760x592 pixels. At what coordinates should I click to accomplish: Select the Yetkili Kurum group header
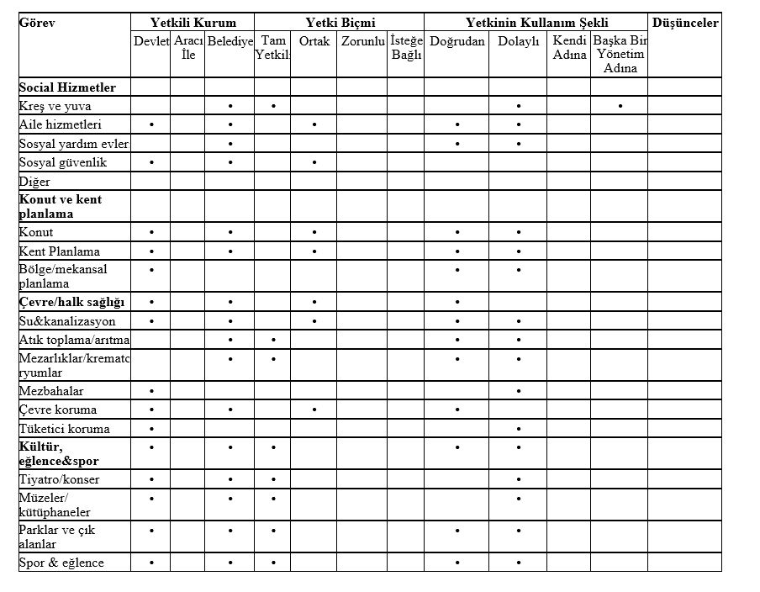click(x=193, y=23)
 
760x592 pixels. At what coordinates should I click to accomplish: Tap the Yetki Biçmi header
click(x=339, y=23)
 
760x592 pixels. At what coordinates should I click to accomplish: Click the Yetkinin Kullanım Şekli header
click(x=537, y=23)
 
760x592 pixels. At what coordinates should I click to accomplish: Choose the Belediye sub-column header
click(x=230, y=41)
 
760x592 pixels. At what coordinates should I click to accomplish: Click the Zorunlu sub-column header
click(x=362, y=41)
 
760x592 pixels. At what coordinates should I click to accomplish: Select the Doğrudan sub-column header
click(x=457, y=41)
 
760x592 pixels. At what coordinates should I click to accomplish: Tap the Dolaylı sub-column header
click(x=518, y=41)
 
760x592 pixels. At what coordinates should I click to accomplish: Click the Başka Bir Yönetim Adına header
click(x=620, y=54)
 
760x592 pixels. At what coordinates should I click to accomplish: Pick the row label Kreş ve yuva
click(x=55, y=106)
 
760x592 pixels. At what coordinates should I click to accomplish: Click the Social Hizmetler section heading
click(x=67, y=87)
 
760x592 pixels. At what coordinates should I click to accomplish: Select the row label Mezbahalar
click(x=51, y=391)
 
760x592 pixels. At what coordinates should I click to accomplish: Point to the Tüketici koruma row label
click(x=64, y=429)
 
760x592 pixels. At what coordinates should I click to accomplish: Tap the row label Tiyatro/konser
click(x=59, y=479)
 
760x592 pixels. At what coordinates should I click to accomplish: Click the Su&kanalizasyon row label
click(x=67, y=321)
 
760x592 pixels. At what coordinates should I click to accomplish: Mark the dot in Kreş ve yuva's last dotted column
click(x=620, y=106)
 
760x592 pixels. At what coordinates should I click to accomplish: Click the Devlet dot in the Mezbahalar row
click(x=150, y=391)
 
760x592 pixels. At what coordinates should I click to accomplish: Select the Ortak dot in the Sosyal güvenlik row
click(x=314, y=162)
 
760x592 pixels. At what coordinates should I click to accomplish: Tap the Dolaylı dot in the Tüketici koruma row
click(x=519, y=429)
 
